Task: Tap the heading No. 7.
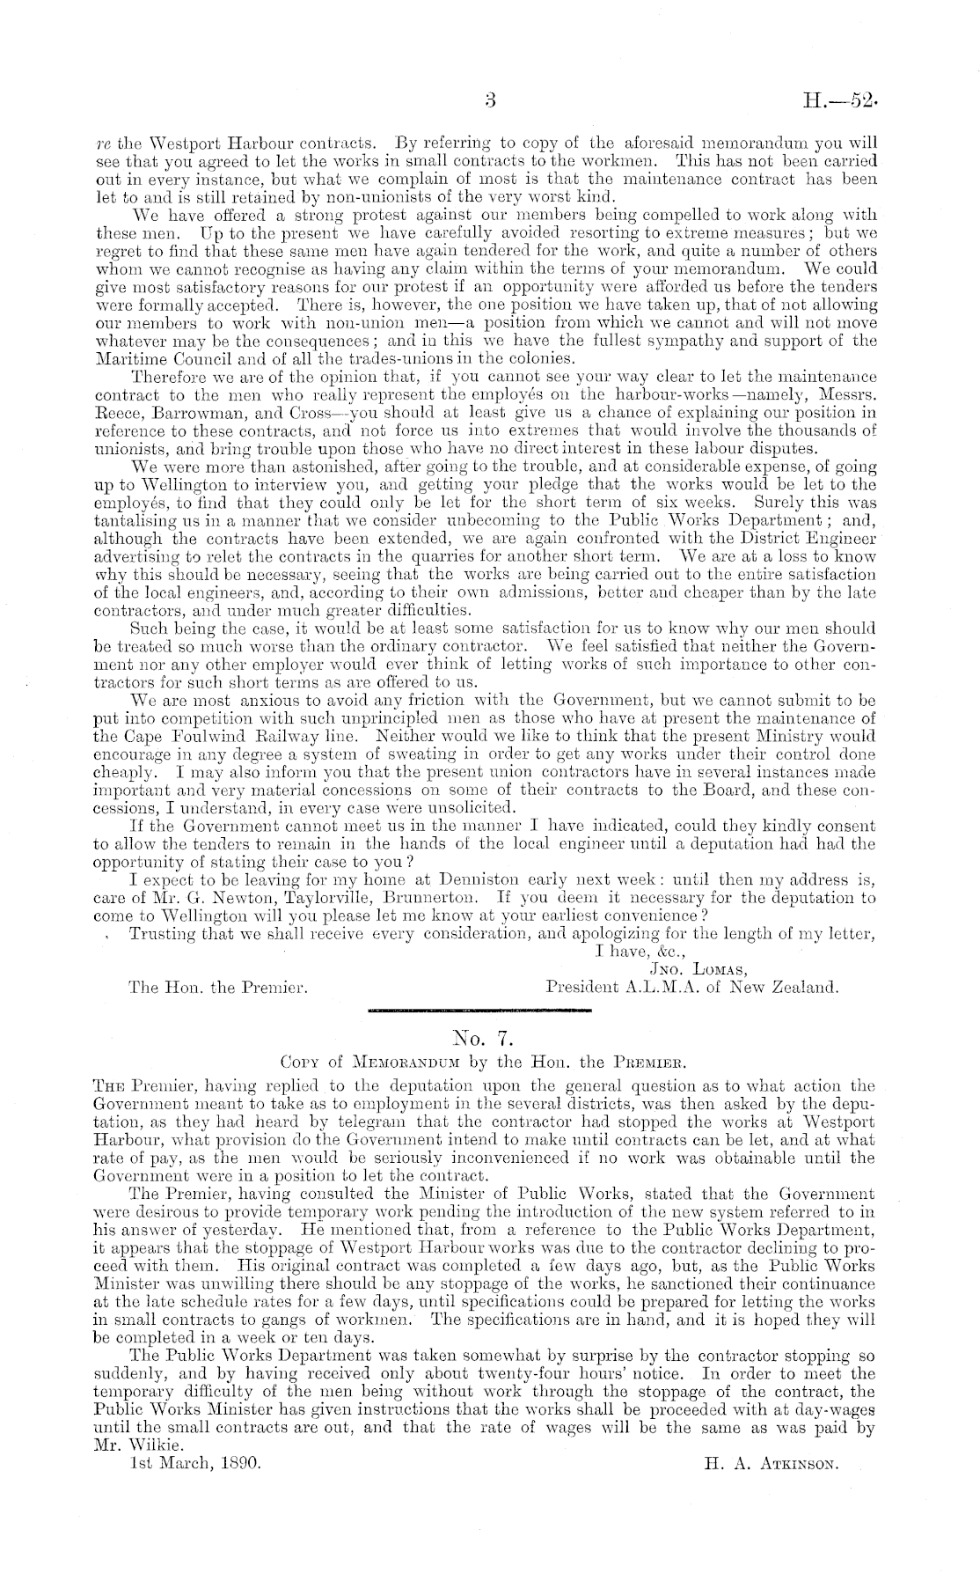489,1037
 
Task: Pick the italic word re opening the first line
100,141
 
